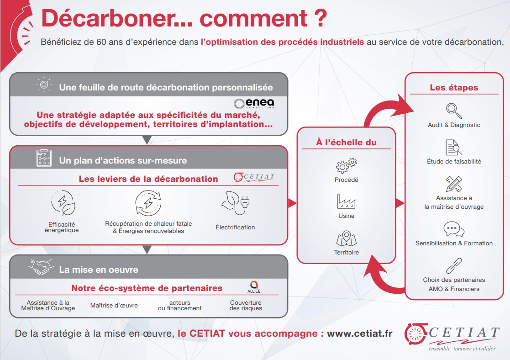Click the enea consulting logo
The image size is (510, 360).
[254, 103]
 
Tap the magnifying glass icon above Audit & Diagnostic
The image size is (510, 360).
[454, 111]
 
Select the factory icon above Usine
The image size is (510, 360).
[346, 202]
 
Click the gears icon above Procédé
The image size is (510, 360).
[346, 165]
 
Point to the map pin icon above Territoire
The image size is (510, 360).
[346, 238]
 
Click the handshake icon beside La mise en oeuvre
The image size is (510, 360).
[41, 267]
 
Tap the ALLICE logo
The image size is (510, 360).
[254, 287]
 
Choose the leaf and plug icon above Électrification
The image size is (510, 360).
[235, 203]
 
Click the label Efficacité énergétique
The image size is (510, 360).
[62, 227]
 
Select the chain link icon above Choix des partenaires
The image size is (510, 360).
[454, 265]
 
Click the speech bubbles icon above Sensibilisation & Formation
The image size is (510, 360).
[454, 229]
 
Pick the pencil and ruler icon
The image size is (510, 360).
[454, 184]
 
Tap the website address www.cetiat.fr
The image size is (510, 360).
[359, 334]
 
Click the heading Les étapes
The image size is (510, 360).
[454, 88]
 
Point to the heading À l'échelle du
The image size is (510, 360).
[346, 142]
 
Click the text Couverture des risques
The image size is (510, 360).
[246, 305]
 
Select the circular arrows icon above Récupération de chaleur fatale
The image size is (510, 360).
[148, 203]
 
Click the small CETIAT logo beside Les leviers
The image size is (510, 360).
[254, 177]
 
